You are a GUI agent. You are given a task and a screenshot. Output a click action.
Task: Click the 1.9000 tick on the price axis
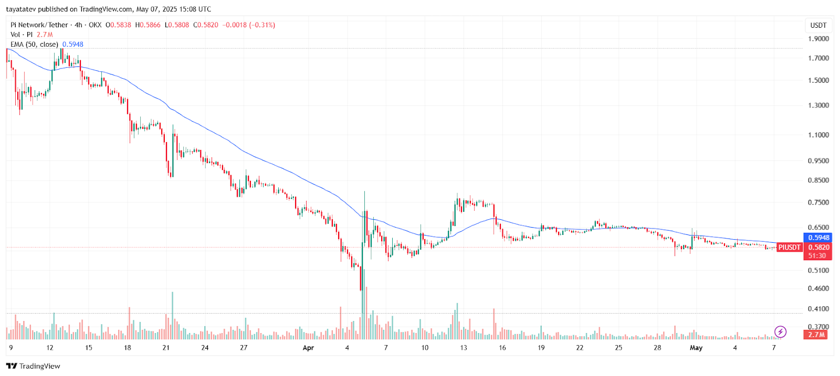coord(818,39)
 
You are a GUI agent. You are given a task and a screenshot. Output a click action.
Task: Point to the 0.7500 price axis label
coord(818,202)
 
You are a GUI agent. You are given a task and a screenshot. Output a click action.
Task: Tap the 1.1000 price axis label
coord(818,135)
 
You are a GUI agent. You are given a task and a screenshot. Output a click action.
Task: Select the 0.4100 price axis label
coord(818,309)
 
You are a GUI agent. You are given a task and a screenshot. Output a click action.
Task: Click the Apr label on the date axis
coord(308,348)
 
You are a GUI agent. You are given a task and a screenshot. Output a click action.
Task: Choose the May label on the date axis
coord(696,348)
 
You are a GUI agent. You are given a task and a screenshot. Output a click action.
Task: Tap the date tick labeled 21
coord(166,348)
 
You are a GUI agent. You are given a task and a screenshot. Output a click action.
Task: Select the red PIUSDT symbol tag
coord(789,248)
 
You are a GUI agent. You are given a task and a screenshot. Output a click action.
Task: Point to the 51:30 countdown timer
coord(817,256)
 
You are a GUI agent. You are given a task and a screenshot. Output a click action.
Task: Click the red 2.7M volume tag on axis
coord(816,335)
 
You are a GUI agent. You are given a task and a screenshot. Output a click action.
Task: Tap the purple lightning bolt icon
coord(780,331)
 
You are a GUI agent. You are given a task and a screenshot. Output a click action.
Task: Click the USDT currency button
coord(818,25)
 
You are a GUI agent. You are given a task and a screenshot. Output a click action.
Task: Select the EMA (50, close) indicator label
coord(34,45)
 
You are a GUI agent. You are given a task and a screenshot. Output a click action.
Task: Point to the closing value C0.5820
coord(205,25)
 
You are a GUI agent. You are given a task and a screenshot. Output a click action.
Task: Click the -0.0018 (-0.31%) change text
coord(248,25)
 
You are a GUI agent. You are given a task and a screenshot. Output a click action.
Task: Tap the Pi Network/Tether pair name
coord(39,25)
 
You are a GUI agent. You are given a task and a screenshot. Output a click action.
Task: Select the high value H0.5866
coord(148,25)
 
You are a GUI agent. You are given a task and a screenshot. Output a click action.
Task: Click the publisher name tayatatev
coord(21,9)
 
